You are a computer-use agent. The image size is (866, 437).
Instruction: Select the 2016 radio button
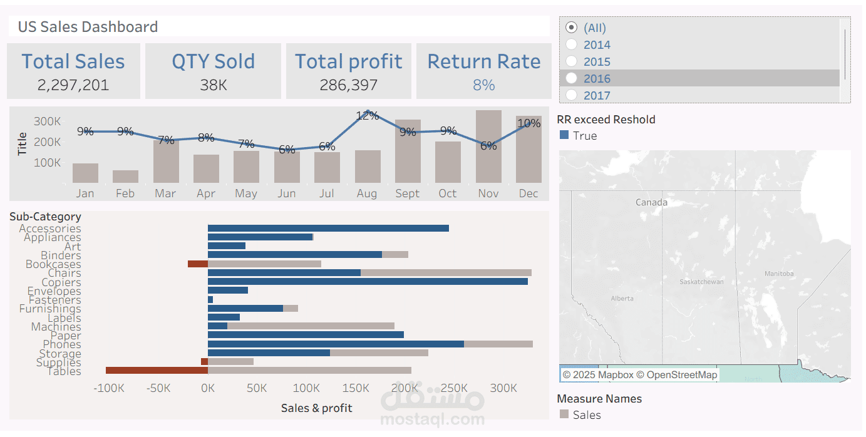[x=571, y=78]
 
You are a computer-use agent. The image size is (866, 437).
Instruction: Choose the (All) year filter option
[x=571, y=28]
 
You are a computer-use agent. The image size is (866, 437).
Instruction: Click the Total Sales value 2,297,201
[x=73, y=85]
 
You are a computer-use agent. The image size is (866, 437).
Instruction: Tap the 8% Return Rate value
[x=483, y=85]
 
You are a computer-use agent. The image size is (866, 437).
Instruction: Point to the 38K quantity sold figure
[x=214, y=85]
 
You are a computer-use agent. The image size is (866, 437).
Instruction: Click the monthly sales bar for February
[x=125, y=177]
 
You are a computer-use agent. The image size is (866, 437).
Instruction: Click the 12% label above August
[x=367, y=116]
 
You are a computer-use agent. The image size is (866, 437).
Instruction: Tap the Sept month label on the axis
[x=407, y=193]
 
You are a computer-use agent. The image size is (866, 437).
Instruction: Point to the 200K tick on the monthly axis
[x=48, y=142]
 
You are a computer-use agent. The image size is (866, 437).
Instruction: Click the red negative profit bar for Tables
[x=157, y=371]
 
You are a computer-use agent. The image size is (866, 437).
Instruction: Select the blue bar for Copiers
[x=368, y=282]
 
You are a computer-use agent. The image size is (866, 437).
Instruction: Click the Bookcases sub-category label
[x=53, y=264]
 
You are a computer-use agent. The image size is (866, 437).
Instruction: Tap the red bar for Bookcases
[x=197, y=264]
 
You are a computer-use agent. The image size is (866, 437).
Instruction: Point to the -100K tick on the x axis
[x=108, y=388]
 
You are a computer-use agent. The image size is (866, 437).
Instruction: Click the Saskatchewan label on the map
[x=701, y=282]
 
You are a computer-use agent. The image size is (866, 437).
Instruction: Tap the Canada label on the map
[x=651, y=202]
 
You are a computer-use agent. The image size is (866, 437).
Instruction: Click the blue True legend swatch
[x=564, y=135]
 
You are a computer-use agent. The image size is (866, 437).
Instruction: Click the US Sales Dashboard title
[x=88, y=27]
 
